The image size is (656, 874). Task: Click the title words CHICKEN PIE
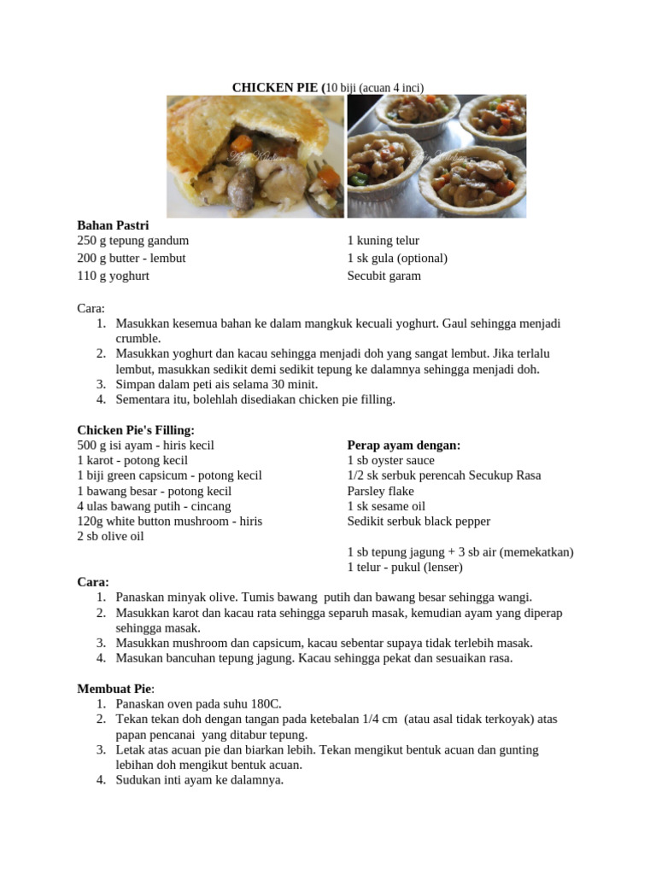pyautogui.click(x=275, y=87)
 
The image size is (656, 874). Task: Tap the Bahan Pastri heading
pyautogui.click(x=113, y=225)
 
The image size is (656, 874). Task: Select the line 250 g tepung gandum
pyautogui.click(x=132, y=241)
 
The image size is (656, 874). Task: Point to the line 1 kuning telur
pyautogui.click(x=383, y=241)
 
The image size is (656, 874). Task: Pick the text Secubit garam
pyautogui.click(x=384, y=276)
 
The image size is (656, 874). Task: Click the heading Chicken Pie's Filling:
pyautogui.click(x=136, y=430)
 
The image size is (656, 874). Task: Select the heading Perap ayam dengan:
pyautogui.click(x=403, y=446)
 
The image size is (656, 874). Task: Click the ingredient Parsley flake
pyautogui.click(x=380, y=491)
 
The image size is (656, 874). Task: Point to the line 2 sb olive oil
pyautogui.click(x=110, y=536)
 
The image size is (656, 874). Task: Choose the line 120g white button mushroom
pyautogui.click(x=169, y=521)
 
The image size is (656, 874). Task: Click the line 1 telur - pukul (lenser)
pyautogui.click(x=404, y=567)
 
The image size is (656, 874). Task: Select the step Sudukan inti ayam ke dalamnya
pyautogui.click(x=199, y=779)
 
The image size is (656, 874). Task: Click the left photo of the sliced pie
pyautogui.click(x=255, y=156)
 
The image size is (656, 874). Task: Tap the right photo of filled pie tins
pyautogui.click(x=436, y=156)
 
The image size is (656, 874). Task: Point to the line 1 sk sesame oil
pyautogui.click(x=386, y=506)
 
